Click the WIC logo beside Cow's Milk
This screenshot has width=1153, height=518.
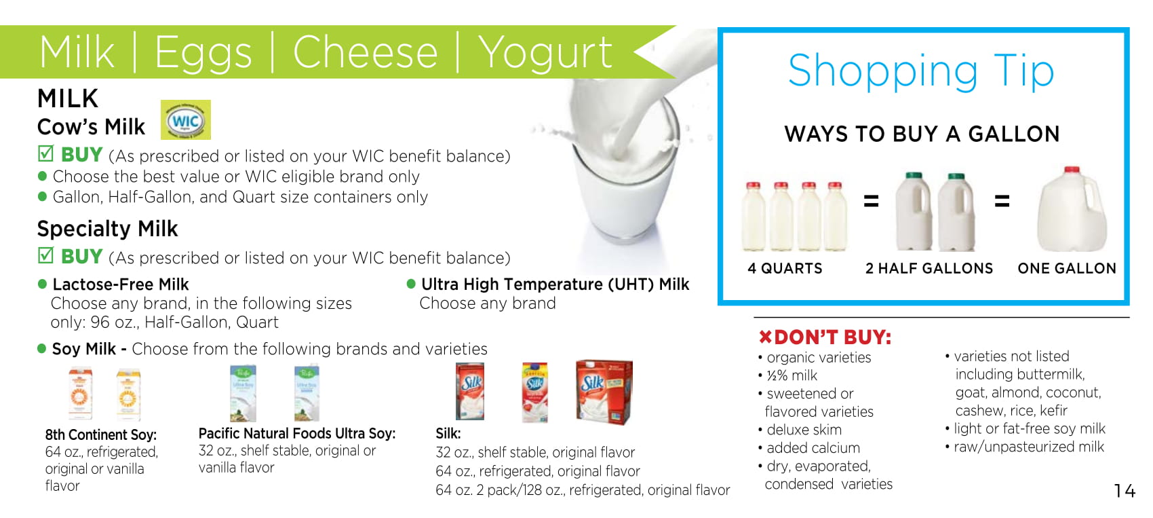[186, 119]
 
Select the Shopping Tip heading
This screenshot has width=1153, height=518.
[921, 73]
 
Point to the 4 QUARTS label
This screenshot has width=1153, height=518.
[785, 269]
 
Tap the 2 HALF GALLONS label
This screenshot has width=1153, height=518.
[929, 269]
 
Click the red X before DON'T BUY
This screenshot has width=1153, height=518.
[766, 337]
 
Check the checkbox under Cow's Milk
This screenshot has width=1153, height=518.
[45, 153]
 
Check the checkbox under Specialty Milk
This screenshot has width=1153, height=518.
[45, 255]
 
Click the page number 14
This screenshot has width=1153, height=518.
[1125, 491]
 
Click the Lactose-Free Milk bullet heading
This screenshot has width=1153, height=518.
[121, 284]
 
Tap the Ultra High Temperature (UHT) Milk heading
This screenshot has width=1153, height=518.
[555, 284]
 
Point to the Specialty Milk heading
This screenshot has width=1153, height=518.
[107, 229]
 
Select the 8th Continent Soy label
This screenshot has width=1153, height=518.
[101, 435]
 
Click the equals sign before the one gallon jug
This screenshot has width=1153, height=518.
[1002, 200]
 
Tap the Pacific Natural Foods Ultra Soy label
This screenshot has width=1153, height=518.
[297, 433]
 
